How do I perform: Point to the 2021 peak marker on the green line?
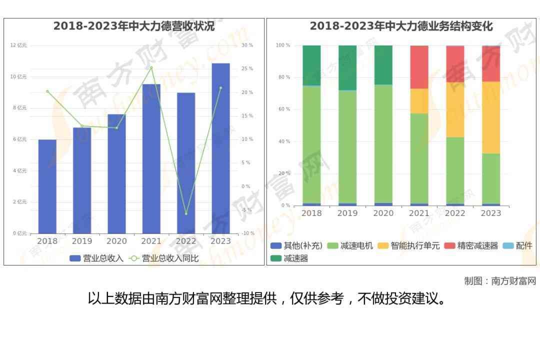point(151,68)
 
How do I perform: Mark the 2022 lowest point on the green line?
point(186,213)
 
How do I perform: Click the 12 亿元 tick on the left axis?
point(19,45)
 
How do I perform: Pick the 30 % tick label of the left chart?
point(247,45)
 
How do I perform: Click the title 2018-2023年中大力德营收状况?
point(134,26)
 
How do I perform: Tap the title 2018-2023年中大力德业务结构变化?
point(401,26)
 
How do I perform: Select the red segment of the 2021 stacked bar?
point(419,67)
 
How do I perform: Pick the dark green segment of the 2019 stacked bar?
point(347,67)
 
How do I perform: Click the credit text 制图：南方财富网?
point(499,281)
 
